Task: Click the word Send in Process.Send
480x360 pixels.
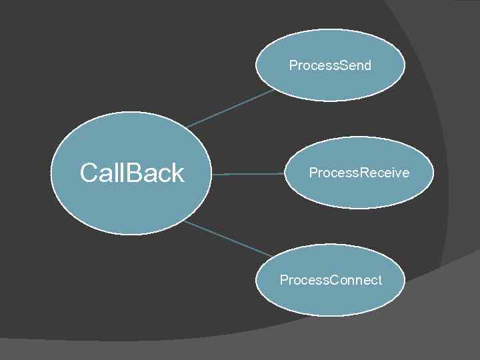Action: click(355, 65)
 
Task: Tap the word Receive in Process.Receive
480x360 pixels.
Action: click(385, 173)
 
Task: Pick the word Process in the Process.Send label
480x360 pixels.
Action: click(313, 65)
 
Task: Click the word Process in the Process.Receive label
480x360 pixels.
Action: click(333, 173)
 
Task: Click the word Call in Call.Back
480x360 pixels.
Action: click(101, 173)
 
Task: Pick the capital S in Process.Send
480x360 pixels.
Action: click(343, 65)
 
